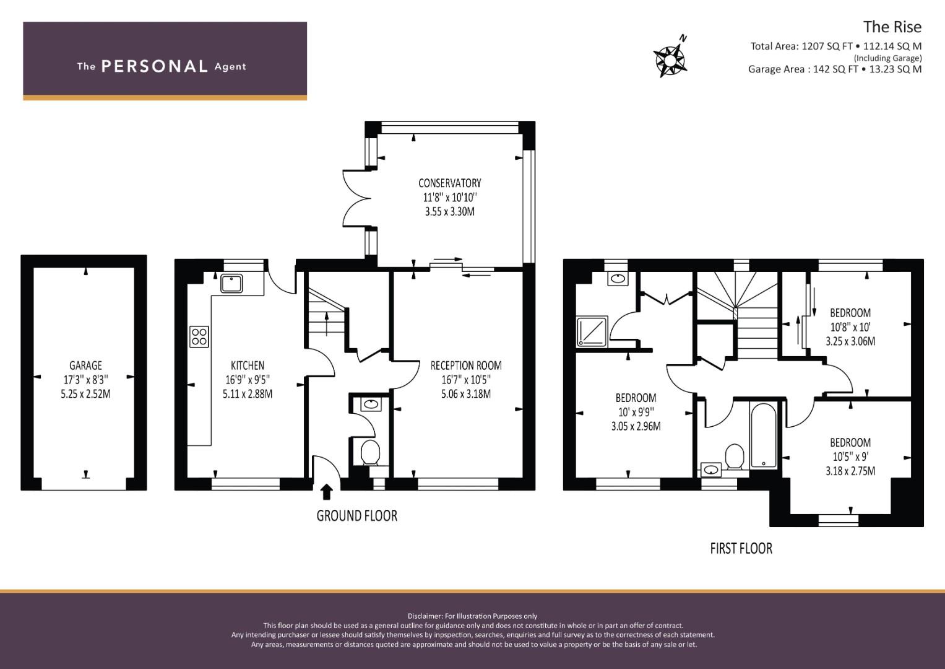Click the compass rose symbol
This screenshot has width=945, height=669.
[x=670, y=59]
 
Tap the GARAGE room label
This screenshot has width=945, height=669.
[x=85, y=365]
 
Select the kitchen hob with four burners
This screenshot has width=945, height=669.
[x=199, y=336]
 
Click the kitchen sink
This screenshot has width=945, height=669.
[x=232, y=284]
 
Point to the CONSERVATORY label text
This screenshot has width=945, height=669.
[x=449, y=183]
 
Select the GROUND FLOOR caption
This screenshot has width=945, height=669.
[x=356, y=515]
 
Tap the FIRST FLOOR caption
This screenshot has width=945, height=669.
[x=741, y=548]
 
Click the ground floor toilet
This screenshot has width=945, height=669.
[x=371, y=452]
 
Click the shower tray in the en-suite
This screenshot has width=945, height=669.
[x=592, y=331]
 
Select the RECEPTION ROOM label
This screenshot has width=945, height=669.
[x=466, y=365]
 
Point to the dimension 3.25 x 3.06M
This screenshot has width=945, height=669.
[x=850, y=341]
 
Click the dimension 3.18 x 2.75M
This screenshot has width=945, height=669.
[x=850, y=471]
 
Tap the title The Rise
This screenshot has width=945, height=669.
[x=892, y=27]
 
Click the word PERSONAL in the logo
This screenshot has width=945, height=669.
[x=154, y=66]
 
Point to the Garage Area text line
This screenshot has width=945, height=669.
[x=834, y=69]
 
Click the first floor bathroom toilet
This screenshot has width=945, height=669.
[x=735, y=456]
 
